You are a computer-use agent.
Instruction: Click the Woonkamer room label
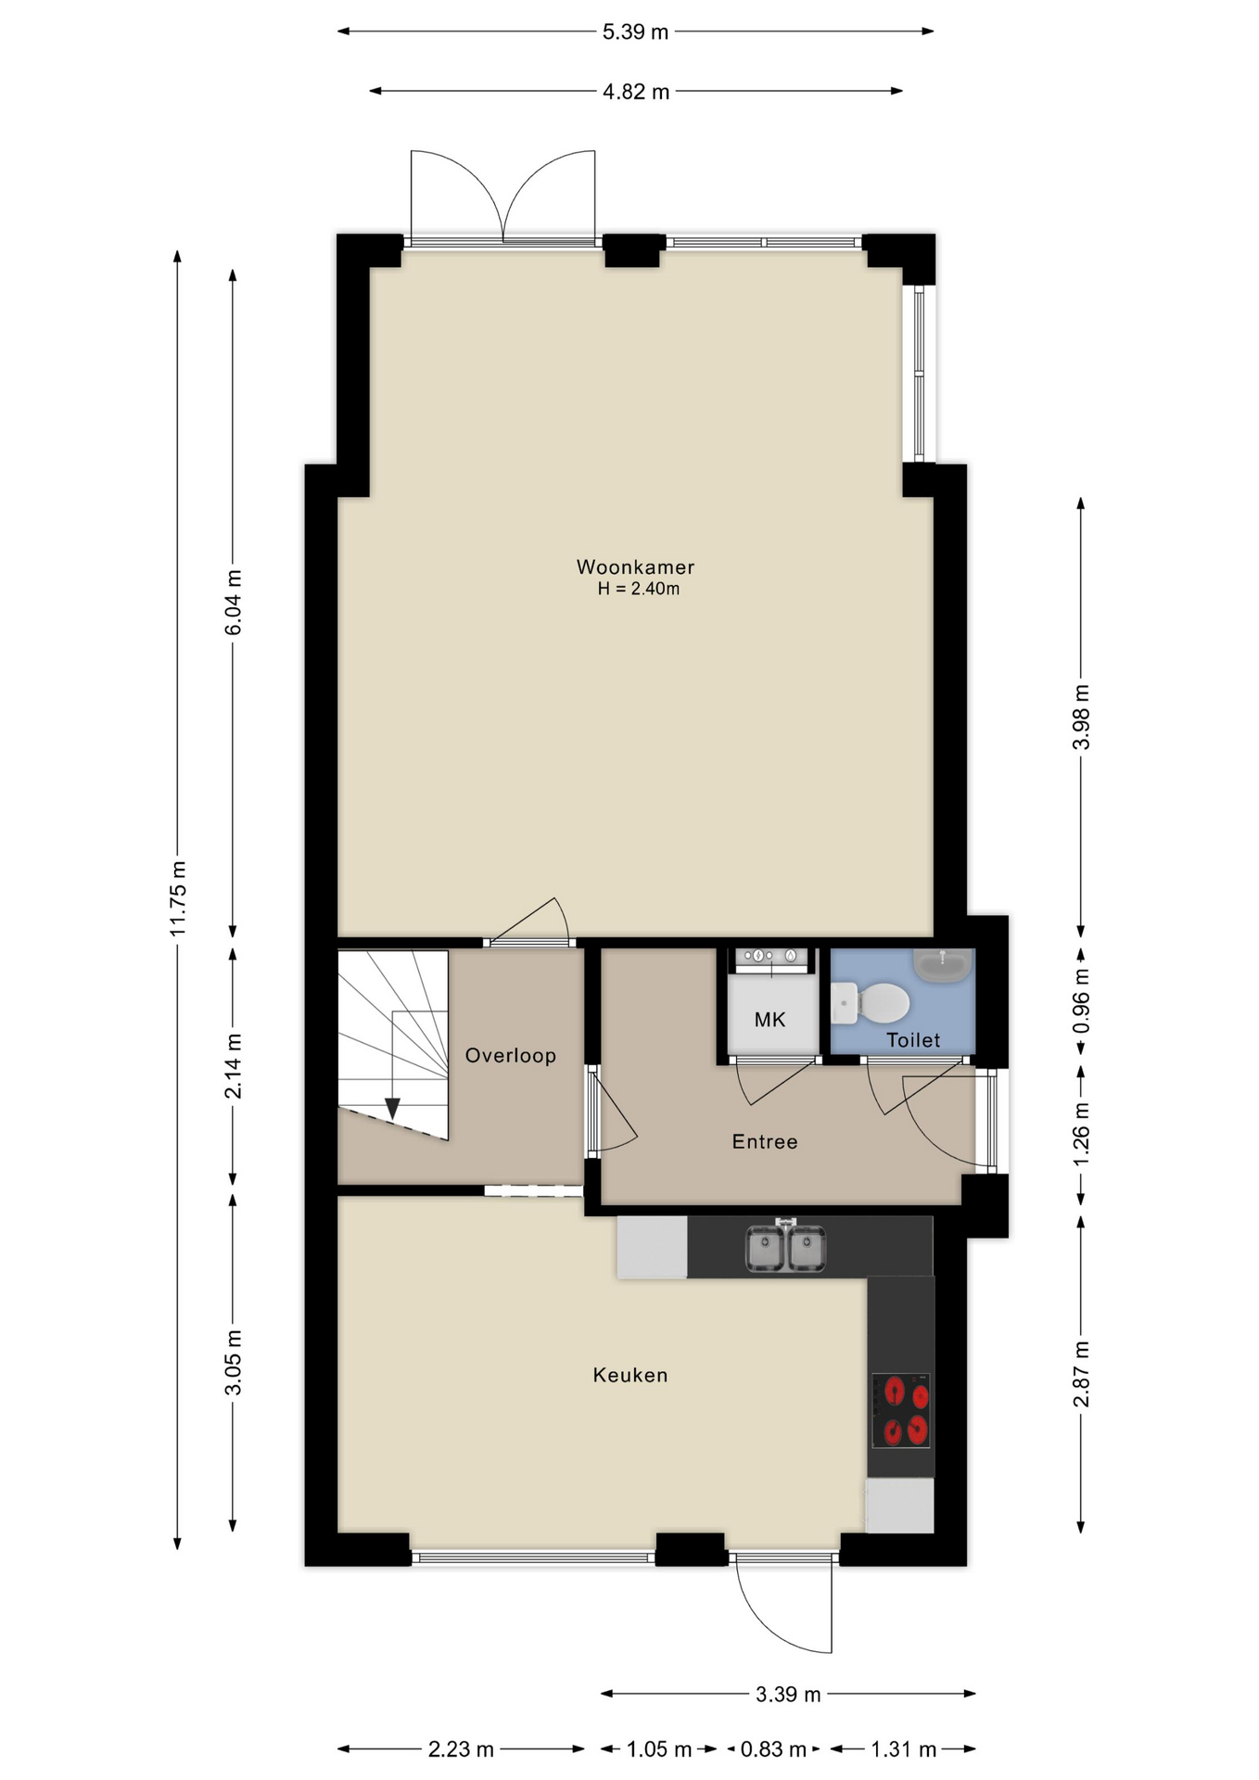click(x=635, y=566)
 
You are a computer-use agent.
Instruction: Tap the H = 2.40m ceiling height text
click(x=638, y=589)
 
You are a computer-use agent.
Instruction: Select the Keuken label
click(x=630, y=1375)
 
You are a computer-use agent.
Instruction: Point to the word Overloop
click(x=510, y=1055)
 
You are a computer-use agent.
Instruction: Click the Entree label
click(x=765, y=1141)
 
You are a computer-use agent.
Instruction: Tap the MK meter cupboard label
click(x=769, y=1020)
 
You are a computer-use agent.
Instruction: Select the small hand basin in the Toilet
click(x=943, y=964)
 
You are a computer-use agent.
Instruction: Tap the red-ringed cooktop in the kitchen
click(x=900, y=1410)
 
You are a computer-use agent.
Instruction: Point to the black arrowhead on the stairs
click(x=392, y=1108)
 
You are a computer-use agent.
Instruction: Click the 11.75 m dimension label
click(x=178, y=897)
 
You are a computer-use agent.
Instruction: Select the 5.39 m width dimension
click(x=635, y=32)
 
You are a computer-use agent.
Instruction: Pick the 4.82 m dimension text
click(x=636, y=92)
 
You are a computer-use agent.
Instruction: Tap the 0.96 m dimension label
click(x=1081, y=1001)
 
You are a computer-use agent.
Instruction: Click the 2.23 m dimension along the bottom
click(x=461, y=1749)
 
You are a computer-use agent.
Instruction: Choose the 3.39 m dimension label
click(x=788, y=1695)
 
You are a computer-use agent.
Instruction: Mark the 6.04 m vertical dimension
click(x=234, y=603)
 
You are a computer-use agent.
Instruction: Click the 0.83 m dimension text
click(x=773, y=1749)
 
